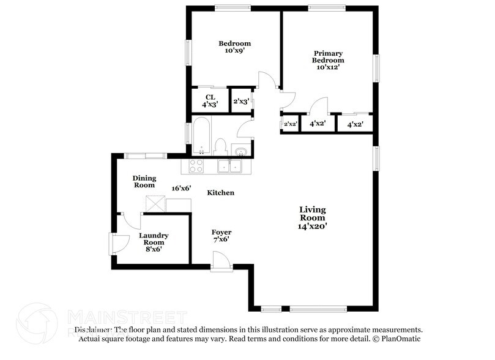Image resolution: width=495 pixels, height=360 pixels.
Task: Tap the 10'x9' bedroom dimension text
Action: [x=236, y=51]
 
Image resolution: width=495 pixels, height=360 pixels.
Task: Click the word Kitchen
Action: [x=220, y=193]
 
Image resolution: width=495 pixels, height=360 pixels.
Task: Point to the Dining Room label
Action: [x=144, y=181]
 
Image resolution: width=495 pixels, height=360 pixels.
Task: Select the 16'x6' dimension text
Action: [x=182, y=188]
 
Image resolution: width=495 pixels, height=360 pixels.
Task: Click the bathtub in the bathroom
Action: [x=201, y=137]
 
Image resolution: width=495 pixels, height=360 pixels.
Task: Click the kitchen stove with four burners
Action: [x=197, y=165]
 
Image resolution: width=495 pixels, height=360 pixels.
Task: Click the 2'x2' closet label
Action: [x=290, y=124]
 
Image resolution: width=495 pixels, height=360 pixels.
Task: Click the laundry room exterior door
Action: [x=117, y=244]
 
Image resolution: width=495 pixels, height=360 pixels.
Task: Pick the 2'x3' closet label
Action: [x=240, y=101]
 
